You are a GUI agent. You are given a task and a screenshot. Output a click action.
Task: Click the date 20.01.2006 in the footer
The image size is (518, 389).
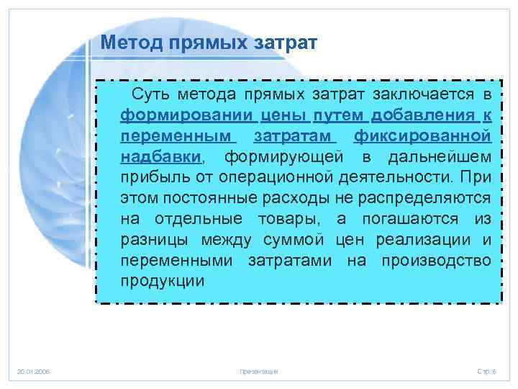click(x=34, y=371)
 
